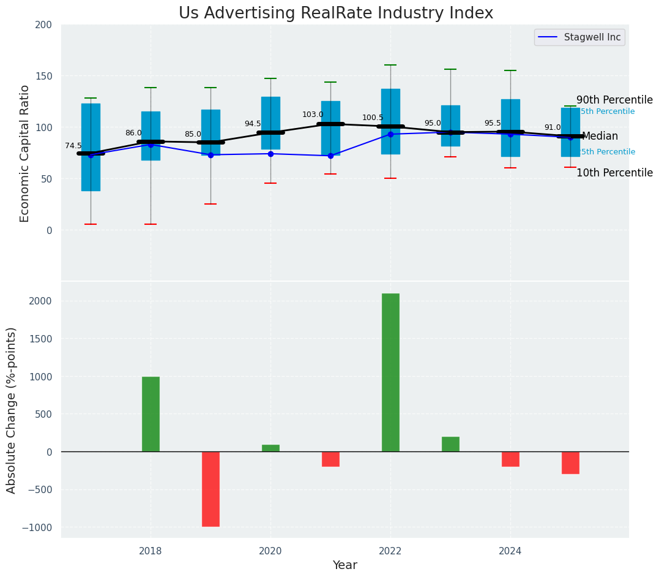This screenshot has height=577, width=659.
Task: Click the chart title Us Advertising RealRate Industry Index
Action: coord(336,13)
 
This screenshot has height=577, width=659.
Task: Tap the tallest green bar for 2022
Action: coord(390,372)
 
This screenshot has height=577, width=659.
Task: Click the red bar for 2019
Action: coord(210,489)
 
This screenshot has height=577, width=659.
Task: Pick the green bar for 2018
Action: coord(151,414)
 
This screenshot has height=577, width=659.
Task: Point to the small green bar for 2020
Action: coord(270,448)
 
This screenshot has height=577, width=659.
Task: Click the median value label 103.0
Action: coord(313,115)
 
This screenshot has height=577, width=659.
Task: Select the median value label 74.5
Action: coord(73,146)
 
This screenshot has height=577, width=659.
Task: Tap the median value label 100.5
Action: coord(373,118)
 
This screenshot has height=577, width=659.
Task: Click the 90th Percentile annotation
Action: coord(614,100)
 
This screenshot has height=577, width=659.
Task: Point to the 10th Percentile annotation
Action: coord(614,173)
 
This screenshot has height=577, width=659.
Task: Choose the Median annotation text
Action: coord(600,137)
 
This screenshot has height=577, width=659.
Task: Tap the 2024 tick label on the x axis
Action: coord(510,551)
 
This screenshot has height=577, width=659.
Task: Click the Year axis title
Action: coord(345,565)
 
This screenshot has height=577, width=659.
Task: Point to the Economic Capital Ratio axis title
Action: coord(25,153)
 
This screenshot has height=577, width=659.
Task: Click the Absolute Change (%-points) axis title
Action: coord(12,410)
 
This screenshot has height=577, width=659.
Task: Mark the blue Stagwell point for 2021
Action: coord(330,156)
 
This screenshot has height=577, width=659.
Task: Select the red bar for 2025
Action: coord(570,462)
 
